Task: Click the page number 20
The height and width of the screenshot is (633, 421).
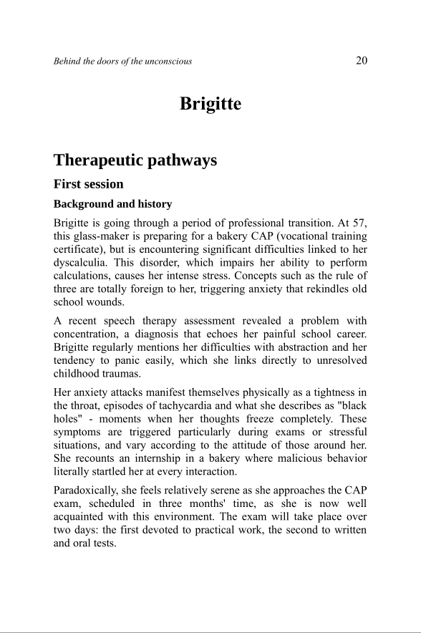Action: click(361, 61)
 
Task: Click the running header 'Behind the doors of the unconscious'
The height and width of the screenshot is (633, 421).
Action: click(122, 62)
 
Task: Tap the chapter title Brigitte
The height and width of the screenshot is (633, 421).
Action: click(210, 104)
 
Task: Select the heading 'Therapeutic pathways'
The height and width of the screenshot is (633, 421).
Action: click(135, 160)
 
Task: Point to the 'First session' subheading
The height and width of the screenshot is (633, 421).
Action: click(88, 184)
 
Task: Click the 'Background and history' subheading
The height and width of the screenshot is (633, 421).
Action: click(112, 204)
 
